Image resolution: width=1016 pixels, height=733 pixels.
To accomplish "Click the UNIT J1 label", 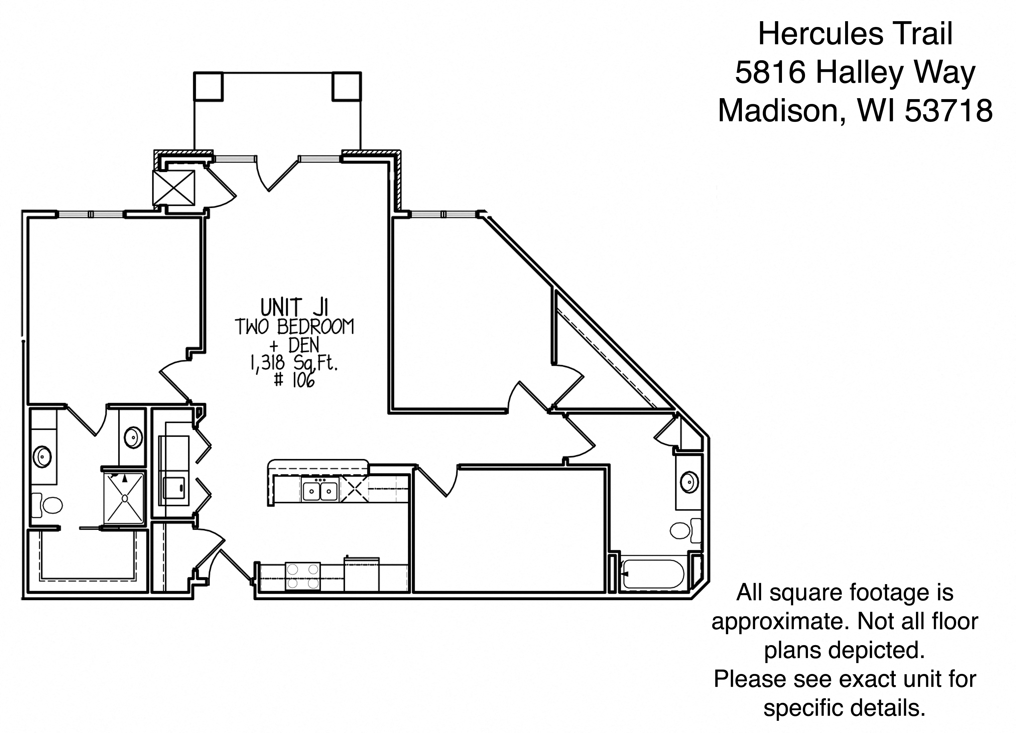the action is pyautogui.click(x=294, y=308).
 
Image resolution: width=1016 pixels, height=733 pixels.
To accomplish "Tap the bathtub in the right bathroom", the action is pyautogui.click(x=653, y=574).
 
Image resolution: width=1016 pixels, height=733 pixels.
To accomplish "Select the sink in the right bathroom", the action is pyautogui.click(x=689, y=482).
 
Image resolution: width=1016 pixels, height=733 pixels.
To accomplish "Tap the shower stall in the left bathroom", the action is pyautogui.click(x=124, y=498).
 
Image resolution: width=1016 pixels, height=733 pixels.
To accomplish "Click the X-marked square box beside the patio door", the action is pyautogui.click(x=174, y=188).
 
